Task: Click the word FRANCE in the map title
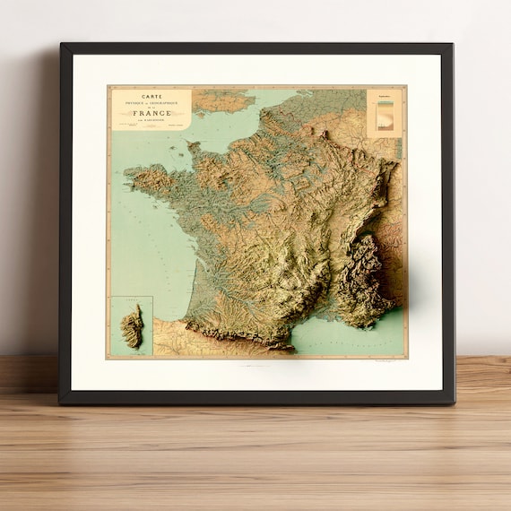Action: (x=151, y=113)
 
